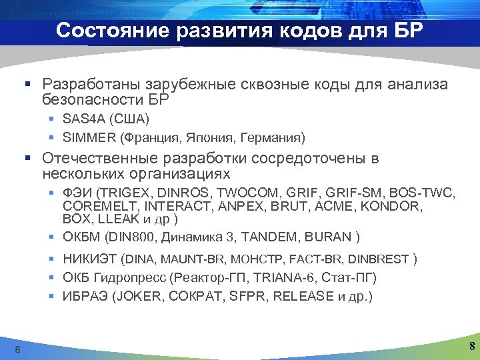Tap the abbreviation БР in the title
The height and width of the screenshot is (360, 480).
[403, 31]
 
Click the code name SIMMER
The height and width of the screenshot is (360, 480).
[89, 138]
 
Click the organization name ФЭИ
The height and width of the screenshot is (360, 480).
[76, 194]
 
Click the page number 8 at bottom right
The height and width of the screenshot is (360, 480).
[472, 346]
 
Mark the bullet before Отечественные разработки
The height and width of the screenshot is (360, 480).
[27, 159]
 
